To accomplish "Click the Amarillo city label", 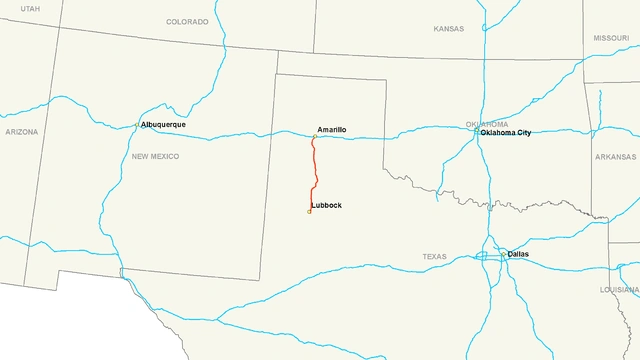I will click(332, 130).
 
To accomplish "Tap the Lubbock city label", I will click(327, 205).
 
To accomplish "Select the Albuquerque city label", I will click(164, 125).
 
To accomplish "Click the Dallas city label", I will click(518, 254).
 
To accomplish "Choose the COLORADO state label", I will click(187, 21).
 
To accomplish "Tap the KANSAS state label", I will click(449, 29).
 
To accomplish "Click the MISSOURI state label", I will click(610, 37).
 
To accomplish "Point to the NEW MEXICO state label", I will click(155, 156).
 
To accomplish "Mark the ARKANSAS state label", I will click(614, 156).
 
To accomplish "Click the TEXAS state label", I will click(434, 257).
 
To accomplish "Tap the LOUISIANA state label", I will click(619, 289).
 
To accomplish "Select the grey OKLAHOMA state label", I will click(487, 124).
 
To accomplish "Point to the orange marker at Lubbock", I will click(309, 211).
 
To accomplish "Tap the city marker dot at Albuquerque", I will click(138, 125).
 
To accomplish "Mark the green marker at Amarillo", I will click(314, 137).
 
